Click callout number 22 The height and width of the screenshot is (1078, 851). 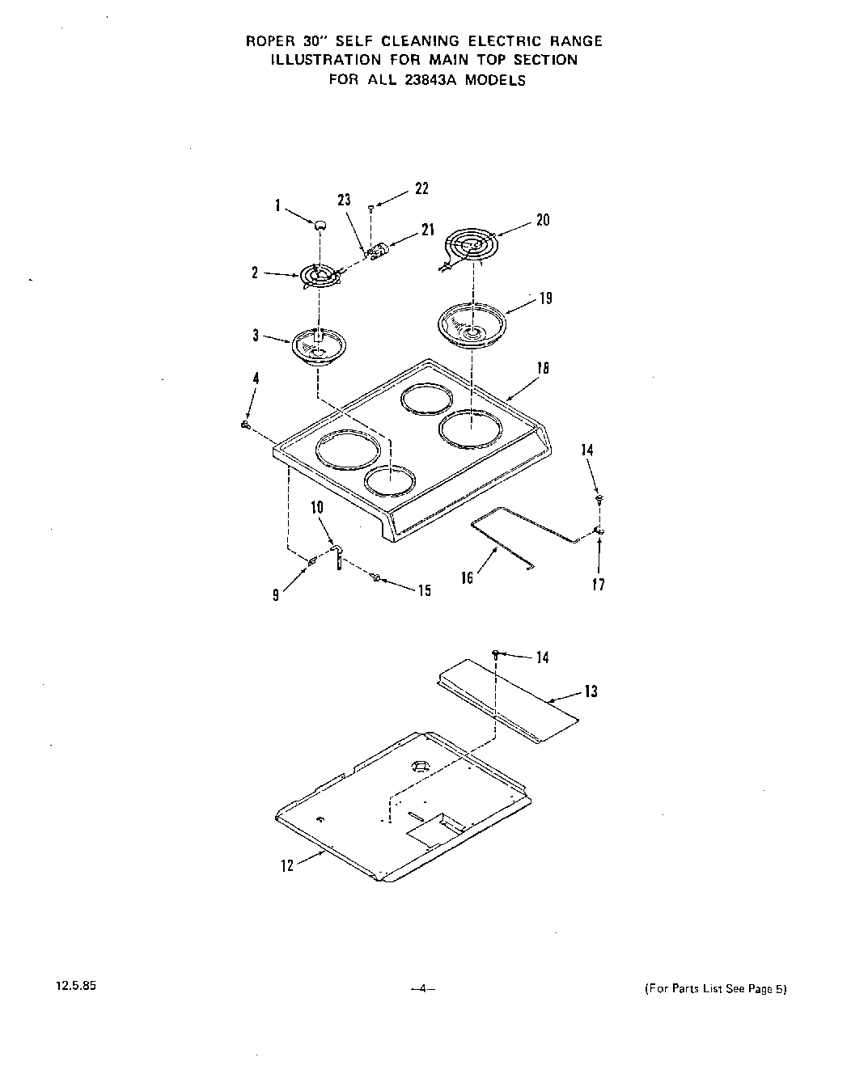pos(421,188)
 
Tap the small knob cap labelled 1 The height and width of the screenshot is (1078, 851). pos(320,223)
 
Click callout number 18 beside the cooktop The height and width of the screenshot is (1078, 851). pos(543,368)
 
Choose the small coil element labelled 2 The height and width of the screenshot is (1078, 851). pos(320,277)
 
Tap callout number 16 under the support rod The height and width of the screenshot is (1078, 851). pos(467,578)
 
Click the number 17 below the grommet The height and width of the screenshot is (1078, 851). pos(598,585)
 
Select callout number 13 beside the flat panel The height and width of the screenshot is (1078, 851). pos(591,691)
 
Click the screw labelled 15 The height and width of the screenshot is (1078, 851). pos(376,577)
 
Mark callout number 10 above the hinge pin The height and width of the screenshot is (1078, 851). pos(317,508)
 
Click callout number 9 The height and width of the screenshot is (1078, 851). pos(276,596)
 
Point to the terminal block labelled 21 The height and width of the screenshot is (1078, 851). pos(378,252)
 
